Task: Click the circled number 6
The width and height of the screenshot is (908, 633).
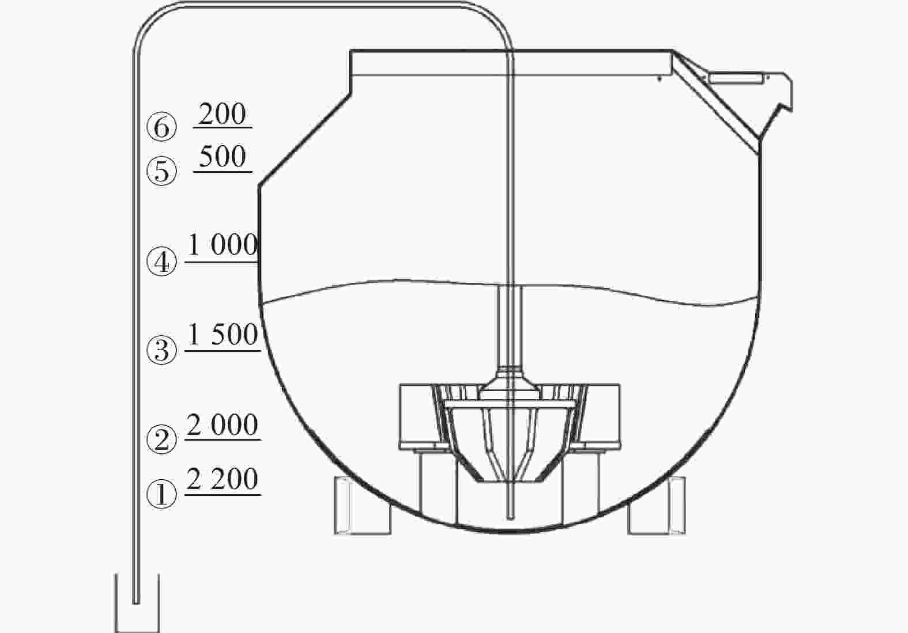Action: pos(162,127)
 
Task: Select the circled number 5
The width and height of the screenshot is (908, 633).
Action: pos(162,171)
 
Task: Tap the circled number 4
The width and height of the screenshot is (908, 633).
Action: pos(162,261)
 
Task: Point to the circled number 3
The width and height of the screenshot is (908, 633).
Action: pos(162,350)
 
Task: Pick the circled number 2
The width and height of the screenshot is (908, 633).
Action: pos(162,439)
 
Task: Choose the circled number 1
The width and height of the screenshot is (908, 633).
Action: pos(162,494)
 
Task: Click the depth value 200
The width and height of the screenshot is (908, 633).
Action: pos(222,114)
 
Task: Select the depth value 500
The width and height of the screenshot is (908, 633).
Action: pos(222,156)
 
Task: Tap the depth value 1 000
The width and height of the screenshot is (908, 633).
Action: pos(223,245)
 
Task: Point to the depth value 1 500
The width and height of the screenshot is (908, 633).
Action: pos(223,334)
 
